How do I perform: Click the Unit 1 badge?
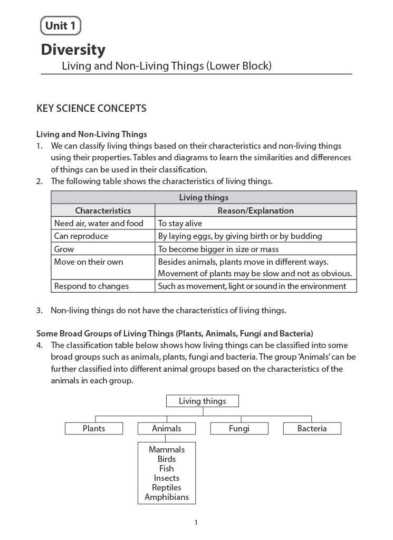tap(60, 25)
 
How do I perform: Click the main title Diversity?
tap(73, 50)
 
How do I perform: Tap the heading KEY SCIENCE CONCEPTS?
tap(91, 109)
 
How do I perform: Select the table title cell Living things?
tap(204, 198)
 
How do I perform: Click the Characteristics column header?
tap(103, 210)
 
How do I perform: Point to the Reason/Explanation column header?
tap(255, 210)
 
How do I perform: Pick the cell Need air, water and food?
tap(99, 223)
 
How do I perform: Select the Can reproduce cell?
tap(81, 236)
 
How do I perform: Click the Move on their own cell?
tap(88, 262)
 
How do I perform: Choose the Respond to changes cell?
tap(91, 286)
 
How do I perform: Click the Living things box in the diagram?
tap(202, 401)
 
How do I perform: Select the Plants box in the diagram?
tap(94, 429)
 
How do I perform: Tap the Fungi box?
tap(239, 429)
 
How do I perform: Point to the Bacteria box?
tap(312, 429)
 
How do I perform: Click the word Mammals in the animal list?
tap(167, 449)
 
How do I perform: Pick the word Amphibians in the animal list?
tap(167, 497)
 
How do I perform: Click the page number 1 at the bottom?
tap(196, 523)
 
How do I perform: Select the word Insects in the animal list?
tap(167, 478)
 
